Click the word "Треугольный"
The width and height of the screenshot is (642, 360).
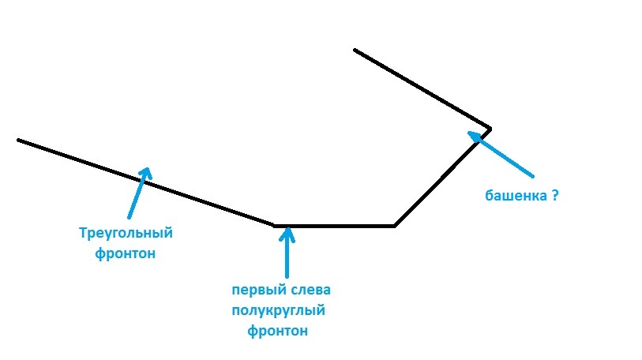click(x=126, y=234)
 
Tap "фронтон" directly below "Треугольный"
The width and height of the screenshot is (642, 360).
click(x=126, y=253)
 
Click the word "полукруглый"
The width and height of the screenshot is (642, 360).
click(x=279, y=311)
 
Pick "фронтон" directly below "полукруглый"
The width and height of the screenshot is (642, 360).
click(x=278, y=332)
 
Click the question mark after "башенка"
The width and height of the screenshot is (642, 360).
click(x=555, y=195)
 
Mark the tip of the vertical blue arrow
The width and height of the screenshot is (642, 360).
click(x=287, y=229)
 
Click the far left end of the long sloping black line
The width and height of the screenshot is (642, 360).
click(x=19, y=141)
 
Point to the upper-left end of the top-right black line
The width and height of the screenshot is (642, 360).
click(x=355, y=50)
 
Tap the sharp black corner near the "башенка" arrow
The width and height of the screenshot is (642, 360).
click(x=490, y=128)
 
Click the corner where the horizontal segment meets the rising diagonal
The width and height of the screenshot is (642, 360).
click(x=394, y=226)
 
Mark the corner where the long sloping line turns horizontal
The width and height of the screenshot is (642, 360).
click(x=274, y=225)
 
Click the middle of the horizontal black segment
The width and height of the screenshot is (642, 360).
click(x=334, y=226)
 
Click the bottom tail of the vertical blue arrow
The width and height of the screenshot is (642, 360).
click(x=287, y=276)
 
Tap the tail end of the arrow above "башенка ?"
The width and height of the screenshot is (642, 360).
click(x=534, y=175)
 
